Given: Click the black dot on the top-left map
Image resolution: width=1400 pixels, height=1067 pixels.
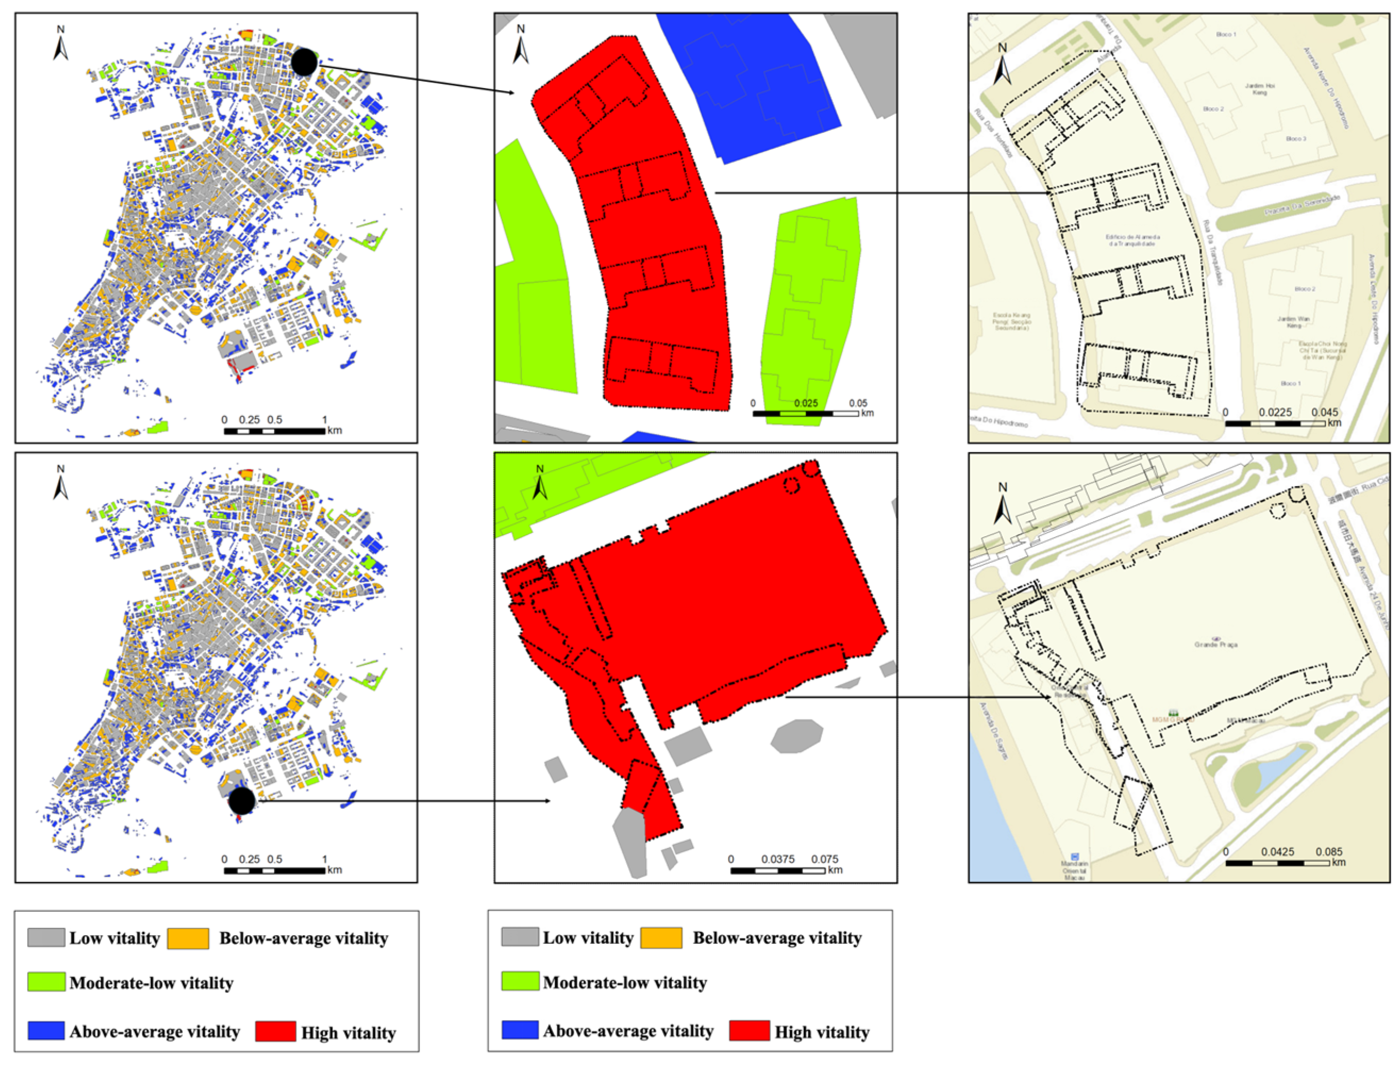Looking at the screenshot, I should click(x=304, y=62).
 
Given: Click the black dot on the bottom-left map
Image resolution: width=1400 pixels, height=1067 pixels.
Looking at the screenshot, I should click(x=241, y=801).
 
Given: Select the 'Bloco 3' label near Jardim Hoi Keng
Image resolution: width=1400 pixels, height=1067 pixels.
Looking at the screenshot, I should click(x=1296, y=139).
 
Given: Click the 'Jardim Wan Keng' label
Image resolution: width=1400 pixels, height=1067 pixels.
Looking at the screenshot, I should click(x=1294, y=322).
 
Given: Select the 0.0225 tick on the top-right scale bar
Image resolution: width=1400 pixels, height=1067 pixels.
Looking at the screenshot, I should click(x=1275, y=412).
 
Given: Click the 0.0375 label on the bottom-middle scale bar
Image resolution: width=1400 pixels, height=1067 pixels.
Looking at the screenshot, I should click(x=778, y=859).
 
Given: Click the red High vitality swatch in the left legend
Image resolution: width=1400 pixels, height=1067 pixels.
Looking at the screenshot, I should click(x=275, y=1031).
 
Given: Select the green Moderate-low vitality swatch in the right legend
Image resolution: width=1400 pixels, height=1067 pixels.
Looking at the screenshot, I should click(x=520, y=981).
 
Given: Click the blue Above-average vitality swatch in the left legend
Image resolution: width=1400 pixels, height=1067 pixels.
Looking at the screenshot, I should click(x=46, y=1030).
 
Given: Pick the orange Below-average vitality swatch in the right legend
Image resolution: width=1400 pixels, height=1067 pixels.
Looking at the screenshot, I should click(x=661, y=937).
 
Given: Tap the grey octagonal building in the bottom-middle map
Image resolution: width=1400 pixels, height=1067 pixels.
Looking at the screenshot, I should click(x=797, y=736).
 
